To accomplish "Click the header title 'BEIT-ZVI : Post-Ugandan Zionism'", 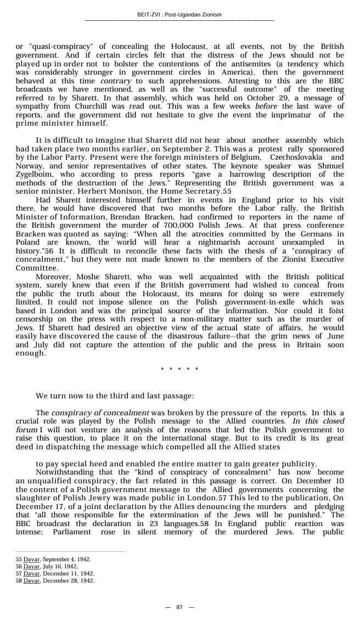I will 179,15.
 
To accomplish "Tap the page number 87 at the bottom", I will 179,607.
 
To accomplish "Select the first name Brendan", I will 123,217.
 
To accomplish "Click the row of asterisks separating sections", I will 179,369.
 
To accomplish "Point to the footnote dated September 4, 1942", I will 53,559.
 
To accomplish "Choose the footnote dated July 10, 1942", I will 47,566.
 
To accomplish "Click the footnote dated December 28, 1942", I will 54,580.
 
